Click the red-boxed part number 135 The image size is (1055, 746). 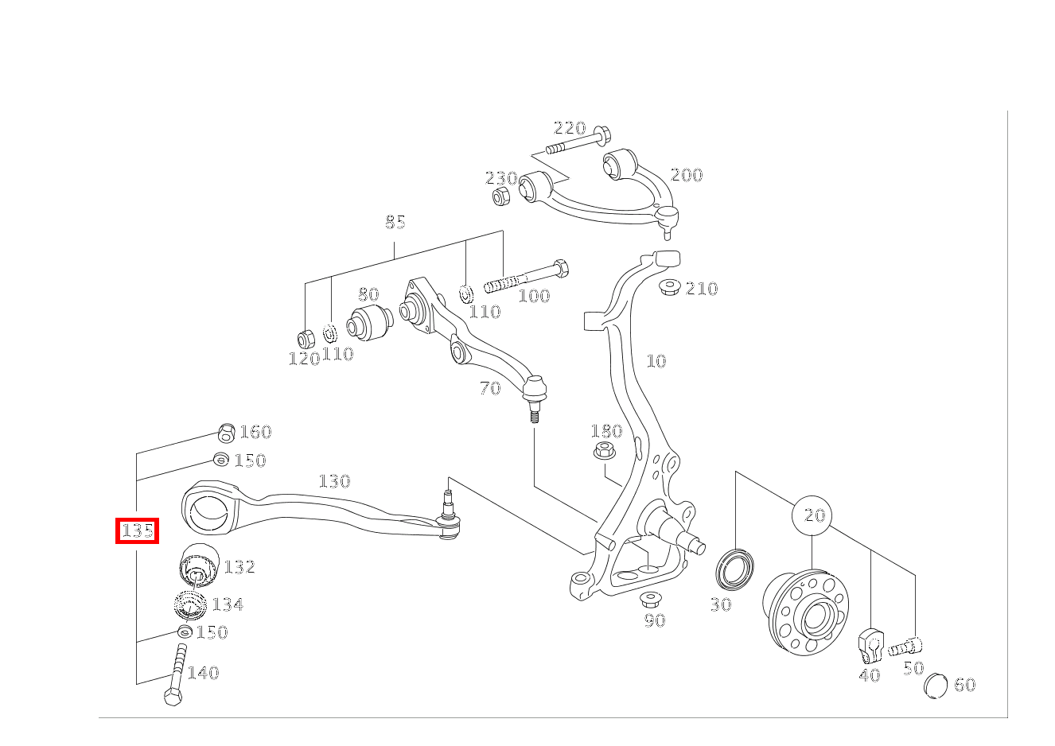[138, 530]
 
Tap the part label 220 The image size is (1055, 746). [569, 128]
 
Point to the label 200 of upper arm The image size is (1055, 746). [686, 175]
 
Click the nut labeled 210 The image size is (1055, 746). [669, 286]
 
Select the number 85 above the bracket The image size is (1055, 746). [395, 222]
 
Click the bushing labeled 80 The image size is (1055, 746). [369, 321]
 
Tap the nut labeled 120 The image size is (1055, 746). [305, 338]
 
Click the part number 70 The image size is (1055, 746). [490, 388]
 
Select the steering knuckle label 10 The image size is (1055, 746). [656, 361]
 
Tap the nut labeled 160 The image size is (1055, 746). [226, 433]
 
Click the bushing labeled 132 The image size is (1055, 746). [197, 564]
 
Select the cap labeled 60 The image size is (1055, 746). [936, 685]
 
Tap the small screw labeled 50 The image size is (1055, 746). [906, 647]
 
